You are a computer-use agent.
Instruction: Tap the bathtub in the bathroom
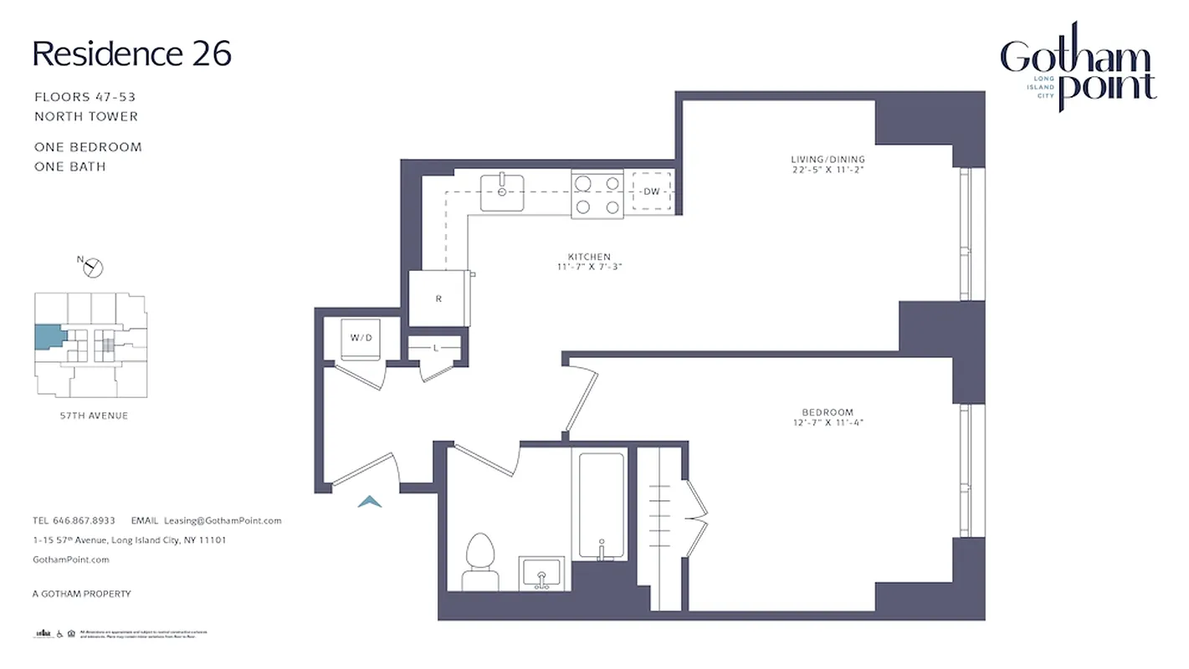coord(601,506)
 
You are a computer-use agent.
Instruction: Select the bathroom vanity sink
coord(541,573)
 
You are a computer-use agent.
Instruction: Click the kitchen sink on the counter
coord(502,192)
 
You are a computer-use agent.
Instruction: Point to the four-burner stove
coord(597,194)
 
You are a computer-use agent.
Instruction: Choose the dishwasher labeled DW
coord(651,192)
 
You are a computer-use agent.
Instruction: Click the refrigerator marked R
coord(439,299)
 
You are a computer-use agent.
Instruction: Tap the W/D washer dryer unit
coord(361,339)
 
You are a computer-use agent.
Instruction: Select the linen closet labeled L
coord(435,348)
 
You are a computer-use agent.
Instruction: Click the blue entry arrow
coord(370,502)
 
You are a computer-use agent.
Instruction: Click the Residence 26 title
coord(131,54)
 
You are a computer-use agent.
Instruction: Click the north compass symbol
coord(93,267)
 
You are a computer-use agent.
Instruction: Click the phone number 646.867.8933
coord(85,520)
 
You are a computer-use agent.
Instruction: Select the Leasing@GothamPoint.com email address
coord(223,520)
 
